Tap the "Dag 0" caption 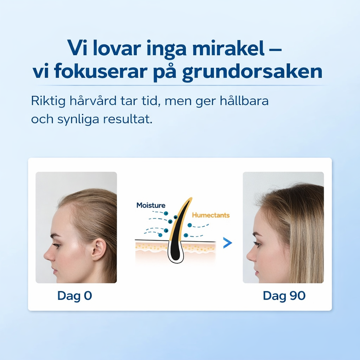[75, 296]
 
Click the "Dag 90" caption [284, 296]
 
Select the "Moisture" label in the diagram [151, 205]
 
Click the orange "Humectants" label [211, 215]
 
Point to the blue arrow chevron [228, 243]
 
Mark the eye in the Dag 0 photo [56, 245]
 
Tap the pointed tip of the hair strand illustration [191, 199]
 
